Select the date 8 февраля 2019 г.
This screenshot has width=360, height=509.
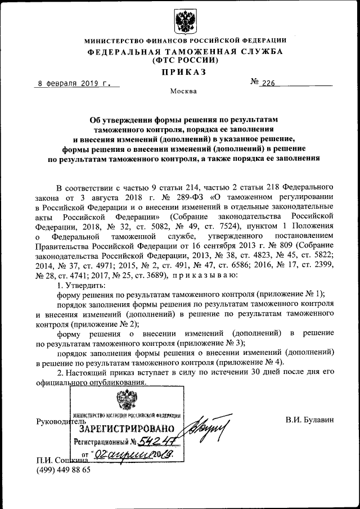73,83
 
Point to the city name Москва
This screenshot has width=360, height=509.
183,92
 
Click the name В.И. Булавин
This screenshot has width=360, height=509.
309,419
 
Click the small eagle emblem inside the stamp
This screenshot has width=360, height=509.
126,400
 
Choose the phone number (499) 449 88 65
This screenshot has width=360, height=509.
63,470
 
